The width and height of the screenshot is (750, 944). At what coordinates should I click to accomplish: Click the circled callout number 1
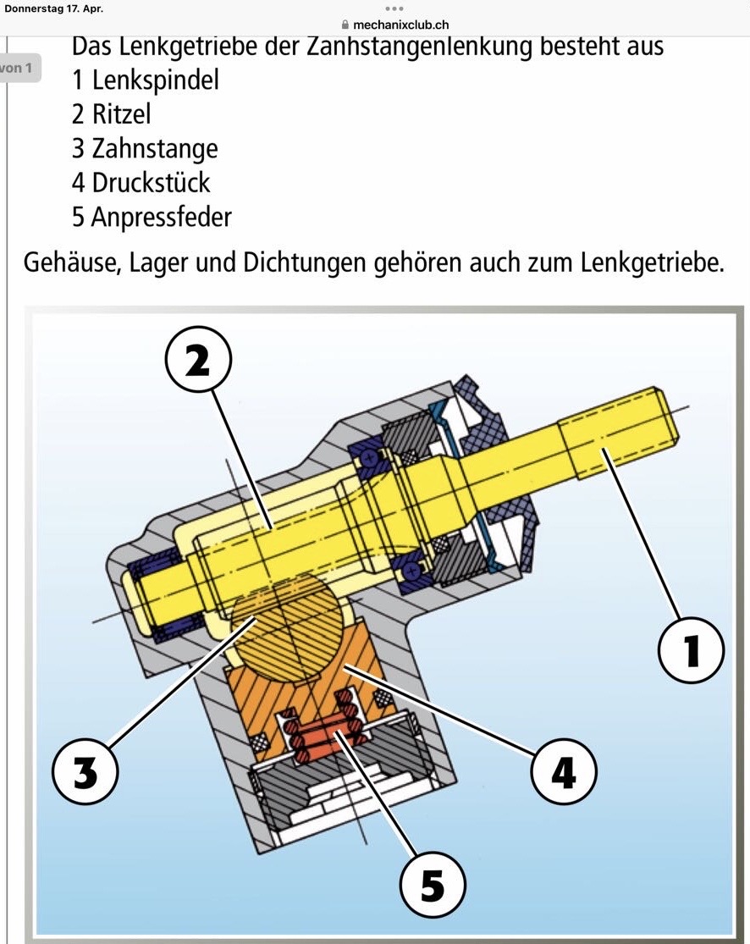click(x=691, y=649)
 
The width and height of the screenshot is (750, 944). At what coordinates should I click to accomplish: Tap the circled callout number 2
click(x=198, y=361)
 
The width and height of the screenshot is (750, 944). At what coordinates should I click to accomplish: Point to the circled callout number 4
click(x=564, y=771)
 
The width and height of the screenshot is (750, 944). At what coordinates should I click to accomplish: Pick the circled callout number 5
click(x=433, y=884)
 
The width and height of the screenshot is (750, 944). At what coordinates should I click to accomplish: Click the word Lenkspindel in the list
click(x=155, y=80)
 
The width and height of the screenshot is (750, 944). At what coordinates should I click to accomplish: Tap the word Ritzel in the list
click(x=121, y=113)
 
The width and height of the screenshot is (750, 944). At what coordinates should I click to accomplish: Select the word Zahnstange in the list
click(x=155, y=149)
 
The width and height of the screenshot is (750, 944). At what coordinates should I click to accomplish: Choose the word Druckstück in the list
click(x=151, y=182)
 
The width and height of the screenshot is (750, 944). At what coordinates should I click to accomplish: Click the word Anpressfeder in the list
click(x=162, y=218)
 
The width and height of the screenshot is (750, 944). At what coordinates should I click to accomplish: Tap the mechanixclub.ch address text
click(x=401, y=25)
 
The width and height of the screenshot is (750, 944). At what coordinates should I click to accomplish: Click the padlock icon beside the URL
click(x=345, y=25)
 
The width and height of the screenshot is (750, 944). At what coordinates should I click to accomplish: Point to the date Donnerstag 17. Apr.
click(x=53, y=8)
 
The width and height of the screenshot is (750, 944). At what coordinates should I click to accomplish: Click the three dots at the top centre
click(x=394, y=8)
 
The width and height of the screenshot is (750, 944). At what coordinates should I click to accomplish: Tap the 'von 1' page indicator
click(x=16, y=68)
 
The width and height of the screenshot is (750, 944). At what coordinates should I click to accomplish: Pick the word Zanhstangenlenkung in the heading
click(x=420, y=47)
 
